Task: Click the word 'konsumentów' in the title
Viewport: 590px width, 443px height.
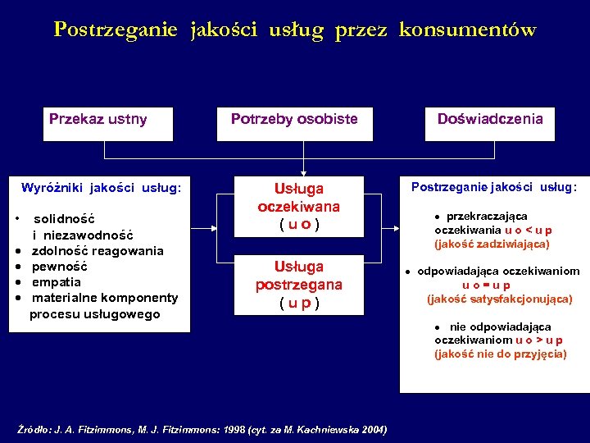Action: pyautogui.click(x=468, y=30)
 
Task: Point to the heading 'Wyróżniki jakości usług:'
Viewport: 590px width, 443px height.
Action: pyautogui.click(x=101, y=188)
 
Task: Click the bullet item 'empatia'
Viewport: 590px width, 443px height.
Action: pyautogui.click(x=56, y=282)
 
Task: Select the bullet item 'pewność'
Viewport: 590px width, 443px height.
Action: pyautogui.click(x=59, y=267)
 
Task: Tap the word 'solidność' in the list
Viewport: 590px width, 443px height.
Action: pyautogui.click(x=64, y=219)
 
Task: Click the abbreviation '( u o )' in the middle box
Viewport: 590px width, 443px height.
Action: pyautogui.click(x=298, y=224)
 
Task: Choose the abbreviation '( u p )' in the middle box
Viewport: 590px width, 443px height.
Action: pyautogui.click(x=298, y=303)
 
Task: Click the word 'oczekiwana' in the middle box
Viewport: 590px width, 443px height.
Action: pyautogui.click(x=298, y=206)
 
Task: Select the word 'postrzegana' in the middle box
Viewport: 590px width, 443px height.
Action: pyautogui.click(x=298, y=285)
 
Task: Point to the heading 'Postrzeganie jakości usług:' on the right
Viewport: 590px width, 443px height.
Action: pyautogui.click(x=493, y=187)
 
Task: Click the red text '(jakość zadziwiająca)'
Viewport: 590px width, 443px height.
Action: pyautogui.click(x=492, y=244)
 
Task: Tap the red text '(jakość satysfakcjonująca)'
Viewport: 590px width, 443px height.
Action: pyautogui.click(x=500, y=299)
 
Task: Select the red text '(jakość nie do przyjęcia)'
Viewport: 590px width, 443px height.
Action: pyautogui.click(x=500, y=354)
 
